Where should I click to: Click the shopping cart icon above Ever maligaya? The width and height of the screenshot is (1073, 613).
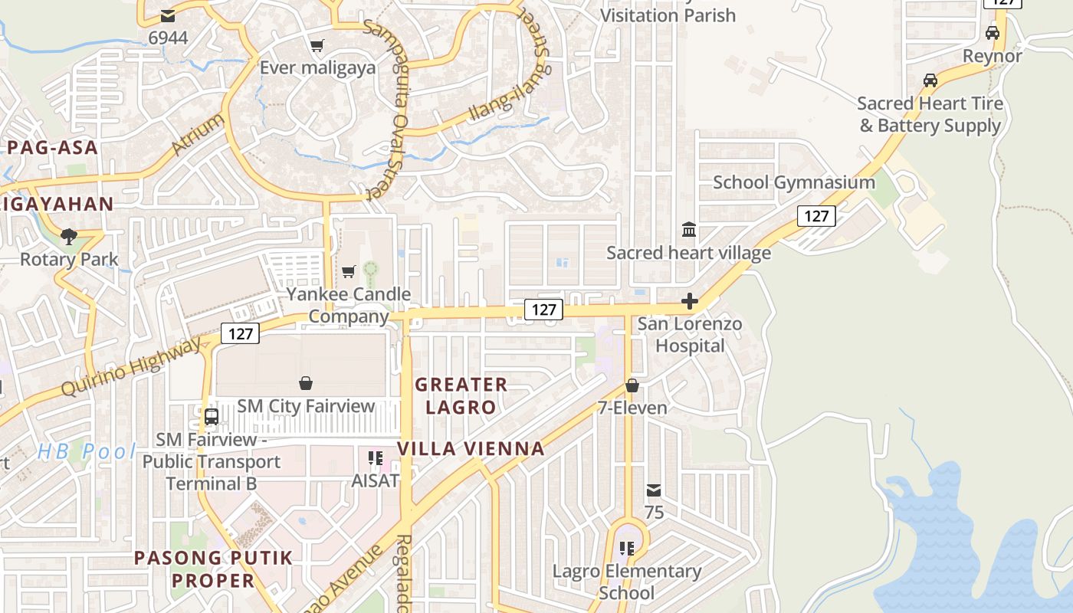317,45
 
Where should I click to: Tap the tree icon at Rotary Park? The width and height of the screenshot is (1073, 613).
69,236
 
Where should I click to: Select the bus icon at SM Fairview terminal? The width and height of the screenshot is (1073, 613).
212,417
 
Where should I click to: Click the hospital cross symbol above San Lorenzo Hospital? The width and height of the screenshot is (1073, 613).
690,301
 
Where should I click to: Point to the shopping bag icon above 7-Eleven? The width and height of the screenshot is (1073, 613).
632,385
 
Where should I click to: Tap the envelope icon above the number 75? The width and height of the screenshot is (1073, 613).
654,490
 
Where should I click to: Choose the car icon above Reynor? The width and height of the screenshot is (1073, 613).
993,33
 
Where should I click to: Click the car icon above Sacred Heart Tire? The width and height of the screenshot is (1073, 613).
930,80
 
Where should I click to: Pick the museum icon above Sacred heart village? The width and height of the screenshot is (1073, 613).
689,230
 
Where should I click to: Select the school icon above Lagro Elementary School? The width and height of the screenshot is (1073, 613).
627,549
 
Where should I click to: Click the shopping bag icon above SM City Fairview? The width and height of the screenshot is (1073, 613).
306,383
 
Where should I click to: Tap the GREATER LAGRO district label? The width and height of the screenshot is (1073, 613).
461,395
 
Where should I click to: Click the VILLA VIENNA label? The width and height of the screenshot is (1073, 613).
471,448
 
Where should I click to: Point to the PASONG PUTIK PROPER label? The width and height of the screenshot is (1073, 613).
214,569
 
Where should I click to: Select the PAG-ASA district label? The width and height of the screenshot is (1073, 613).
53,147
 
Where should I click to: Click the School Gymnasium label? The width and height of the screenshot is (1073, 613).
793,182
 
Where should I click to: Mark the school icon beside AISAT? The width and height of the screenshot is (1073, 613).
376,458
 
